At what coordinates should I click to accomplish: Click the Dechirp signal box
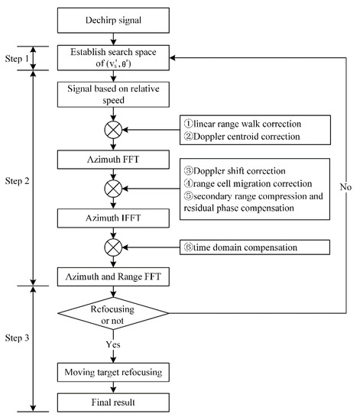113,21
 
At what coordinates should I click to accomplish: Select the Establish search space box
113,57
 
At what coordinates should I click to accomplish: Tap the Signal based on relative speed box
113,92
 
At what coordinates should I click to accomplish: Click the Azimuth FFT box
113,160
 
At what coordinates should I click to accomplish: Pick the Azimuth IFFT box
113,218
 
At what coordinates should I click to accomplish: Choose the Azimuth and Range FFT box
113,272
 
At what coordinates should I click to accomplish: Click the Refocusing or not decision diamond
113,314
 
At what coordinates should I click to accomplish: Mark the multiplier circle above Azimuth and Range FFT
113,246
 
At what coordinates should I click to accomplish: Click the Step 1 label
16,57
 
